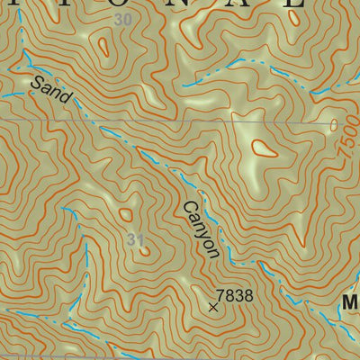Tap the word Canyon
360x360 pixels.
(x=201, y=230)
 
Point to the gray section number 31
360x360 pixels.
(x=136, y=239)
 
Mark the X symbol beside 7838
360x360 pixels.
(x=213, y=307)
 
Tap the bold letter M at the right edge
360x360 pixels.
(x=350, y=306)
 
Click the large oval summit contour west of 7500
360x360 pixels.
(x=265, y=148)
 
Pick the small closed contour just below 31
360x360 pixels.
(x=144, y=252)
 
